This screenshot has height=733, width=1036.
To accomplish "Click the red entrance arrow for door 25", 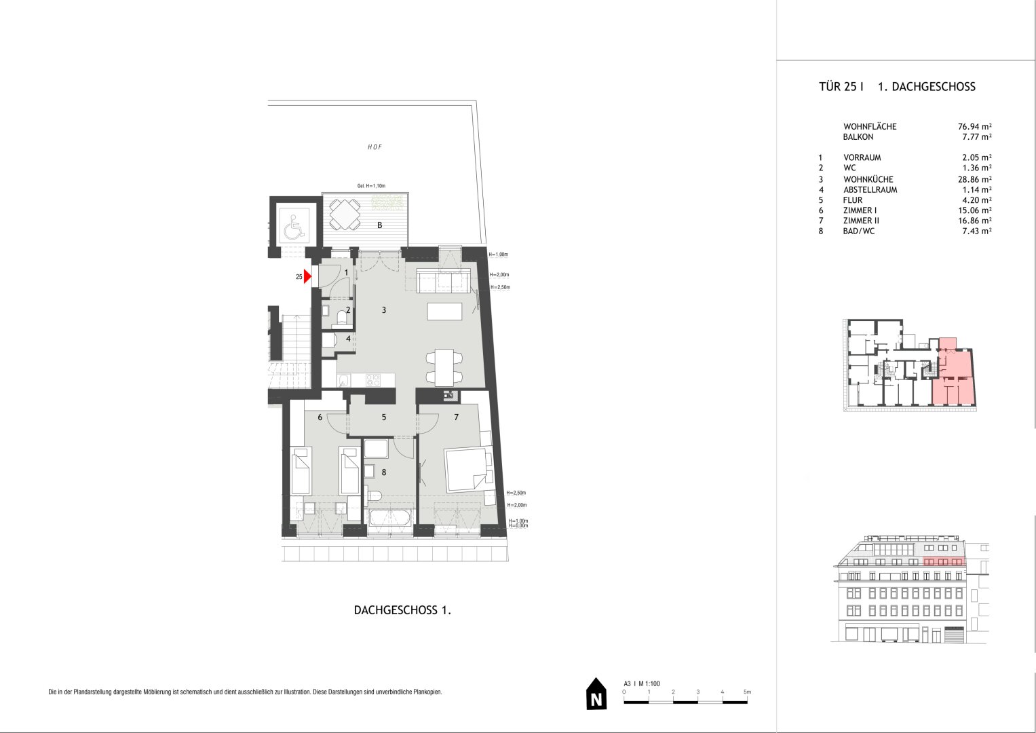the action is (x=307, y=277).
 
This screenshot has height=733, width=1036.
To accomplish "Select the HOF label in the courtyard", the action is (x=375, y=147).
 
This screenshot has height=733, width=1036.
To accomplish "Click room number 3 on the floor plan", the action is (x=384, y=310).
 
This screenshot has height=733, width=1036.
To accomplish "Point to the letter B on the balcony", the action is (x=380, y=225).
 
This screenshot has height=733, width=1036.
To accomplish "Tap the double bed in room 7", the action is (x=469, y=469).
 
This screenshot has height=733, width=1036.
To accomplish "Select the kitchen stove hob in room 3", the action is (x=372, y=380).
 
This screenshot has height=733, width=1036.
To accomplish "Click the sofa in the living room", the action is (x=444, y=280).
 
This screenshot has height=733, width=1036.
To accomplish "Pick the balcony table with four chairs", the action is (x=344, y=214).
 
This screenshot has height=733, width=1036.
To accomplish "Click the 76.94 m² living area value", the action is (x=974, y=126).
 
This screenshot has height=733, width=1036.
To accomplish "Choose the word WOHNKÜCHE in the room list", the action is (x=868, y=179).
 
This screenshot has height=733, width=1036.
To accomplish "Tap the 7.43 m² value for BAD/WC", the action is (x=977, y=231).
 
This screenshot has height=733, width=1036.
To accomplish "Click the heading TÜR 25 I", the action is (x=841, y=87).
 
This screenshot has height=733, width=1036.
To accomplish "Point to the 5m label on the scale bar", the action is (x=748, y=692).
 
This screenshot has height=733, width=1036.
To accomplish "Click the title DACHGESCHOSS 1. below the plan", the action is (x=402, y=610).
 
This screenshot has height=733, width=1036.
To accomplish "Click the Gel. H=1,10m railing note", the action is (x=371, y=186).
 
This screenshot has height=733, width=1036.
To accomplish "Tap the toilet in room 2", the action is (x=342, y=318).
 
